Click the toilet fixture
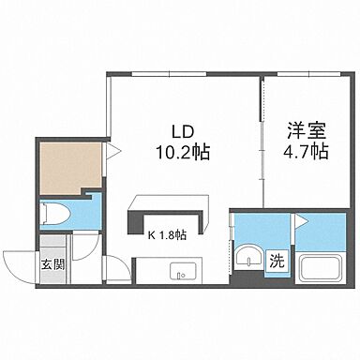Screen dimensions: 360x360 click(52, 214)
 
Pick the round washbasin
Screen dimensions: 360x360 click(247, 260)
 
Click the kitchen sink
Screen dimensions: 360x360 click(179, 272)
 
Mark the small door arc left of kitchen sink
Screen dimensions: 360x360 click(117, 267)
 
